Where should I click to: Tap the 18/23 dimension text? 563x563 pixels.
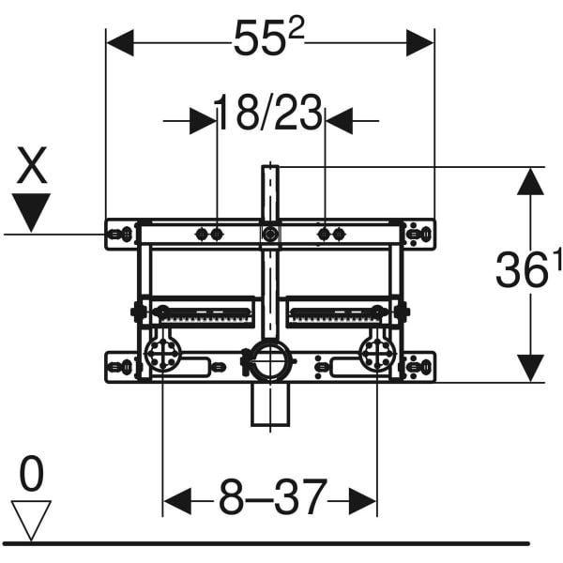(268, 113)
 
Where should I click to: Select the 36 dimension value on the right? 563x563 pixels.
(520, 269)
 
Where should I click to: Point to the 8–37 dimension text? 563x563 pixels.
(273, 497)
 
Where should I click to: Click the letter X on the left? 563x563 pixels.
(32, 165)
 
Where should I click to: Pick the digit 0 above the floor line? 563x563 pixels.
(31, 473)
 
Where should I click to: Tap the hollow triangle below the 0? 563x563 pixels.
(31, 520)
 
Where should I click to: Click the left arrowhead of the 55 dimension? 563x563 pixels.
(120, 43)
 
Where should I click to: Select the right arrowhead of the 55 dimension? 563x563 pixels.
(419, 43)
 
